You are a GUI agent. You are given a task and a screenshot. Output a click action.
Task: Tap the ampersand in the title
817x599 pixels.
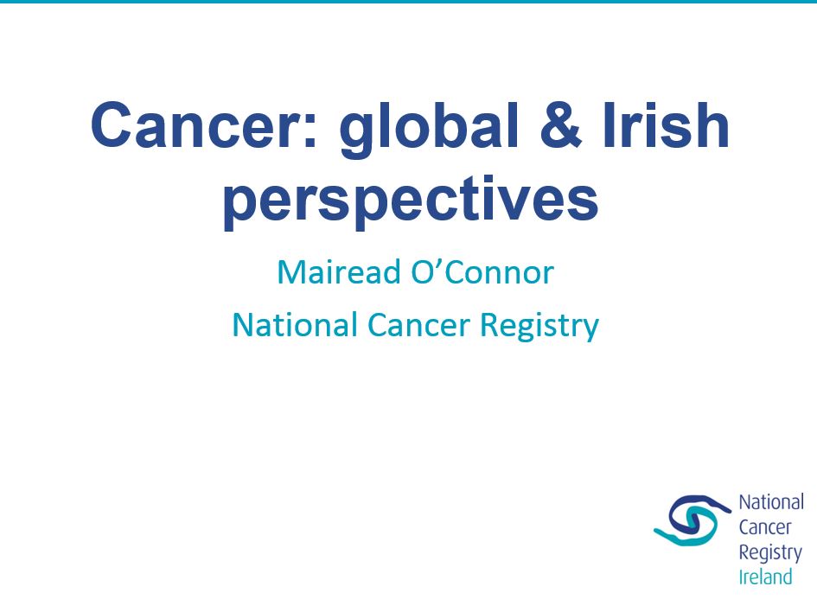560,125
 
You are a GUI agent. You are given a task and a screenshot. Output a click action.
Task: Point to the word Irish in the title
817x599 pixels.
667,125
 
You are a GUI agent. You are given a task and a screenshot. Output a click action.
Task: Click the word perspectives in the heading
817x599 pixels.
412,201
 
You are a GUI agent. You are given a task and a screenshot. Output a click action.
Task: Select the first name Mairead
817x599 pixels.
339,271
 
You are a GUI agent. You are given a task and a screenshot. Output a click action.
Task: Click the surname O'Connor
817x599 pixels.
482,271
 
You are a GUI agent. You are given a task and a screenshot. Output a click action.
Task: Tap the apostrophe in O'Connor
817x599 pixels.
438,264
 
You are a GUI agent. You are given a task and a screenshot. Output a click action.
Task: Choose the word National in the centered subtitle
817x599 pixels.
295,324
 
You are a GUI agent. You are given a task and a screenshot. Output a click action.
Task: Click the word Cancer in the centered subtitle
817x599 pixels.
419,325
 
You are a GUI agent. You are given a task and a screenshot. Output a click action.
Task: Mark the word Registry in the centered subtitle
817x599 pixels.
539,326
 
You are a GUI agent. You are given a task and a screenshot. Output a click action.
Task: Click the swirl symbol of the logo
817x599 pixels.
693,520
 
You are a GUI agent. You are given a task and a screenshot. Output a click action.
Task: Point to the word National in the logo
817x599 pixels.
771,502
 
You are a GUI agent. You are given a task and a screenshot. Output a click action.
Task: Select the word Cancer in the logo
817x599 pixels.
765,527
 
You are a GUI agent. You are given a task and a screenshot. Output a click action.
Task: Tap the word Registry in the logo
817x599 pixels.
770,553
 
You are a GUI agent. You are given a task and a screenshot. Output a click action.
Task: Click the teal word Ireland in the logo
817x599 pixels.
765,577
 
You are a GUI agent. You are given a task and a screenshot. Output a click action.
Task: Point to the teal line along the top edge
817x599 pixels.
408,2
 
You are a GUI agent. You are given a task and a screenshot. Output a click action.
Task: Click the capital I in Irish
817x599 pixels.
609,125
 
